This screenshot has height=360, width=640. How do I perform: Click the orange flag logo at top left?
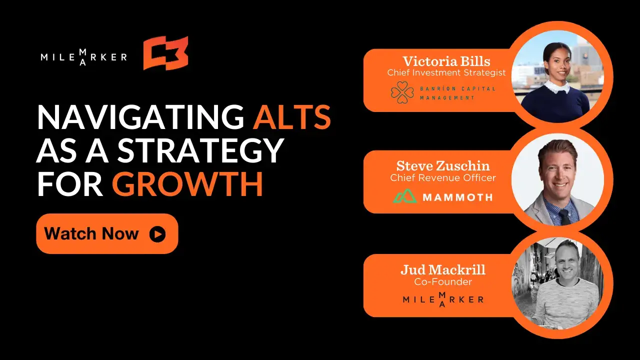pyautogui.click(x=165, y=53)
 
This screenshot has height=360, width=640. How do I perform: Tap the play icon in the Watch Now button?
pyautogui.click(x=157, y=234)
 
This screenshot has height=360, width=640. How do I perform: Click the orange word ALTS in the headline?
pyautogui.click(x=292, y=117)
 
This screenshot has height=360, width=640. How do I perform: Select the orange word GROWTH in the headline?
pyautogui.click(x=187, y=183)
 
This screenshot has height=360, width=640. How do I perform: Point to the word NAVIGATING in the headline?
pyautogui.click(x=140, y=117)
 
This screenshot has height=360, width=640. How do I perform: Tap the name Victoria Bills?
pyautogui.click(x=446, y=61)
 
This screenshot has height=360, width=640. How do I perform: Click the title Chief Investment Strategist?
pyautogui.click(x=446, y=72)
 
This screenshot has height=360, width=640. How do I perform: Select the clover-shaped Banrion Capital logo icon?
pyautogui.click(x=402, y=92)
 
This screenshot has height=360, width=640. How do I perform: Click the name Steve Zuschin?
pyautogui.click(x=443, y=166)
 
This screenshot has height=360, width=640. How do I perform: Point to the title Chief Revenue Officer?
pyautogui.click(x=443, y=177)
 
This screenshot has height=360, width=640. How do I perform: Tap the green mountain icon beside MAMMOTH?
pyautogui.click(x=405, y=196)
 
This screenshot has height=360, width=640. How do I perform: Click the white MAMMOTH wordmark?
pyautogui.click(x=457, y=197)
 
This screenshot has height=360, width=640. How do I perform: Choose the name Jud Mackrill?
pyautogui.click(x=443, y=269)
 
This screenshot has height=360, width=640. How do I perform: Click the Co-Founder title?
pyautogui.click(x=443, y=281)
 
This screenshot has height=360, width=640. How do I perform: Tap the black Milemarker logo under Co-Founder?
pyautogui.click(x=443, y=299)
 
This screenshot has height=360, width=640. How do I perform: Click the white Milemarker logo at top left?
pyautogui.click(x=83, y=57)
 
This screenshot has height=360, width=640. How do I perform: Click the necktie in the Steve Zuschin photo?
pyautogui.click(x=565, y=217)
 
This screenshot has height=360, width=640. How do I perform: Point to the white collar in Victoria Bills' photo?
pyautogui.click(x=556, y=87)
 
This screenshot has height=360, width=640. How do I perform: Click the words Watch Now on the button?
pyautogui.click(x=91, y=233)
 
